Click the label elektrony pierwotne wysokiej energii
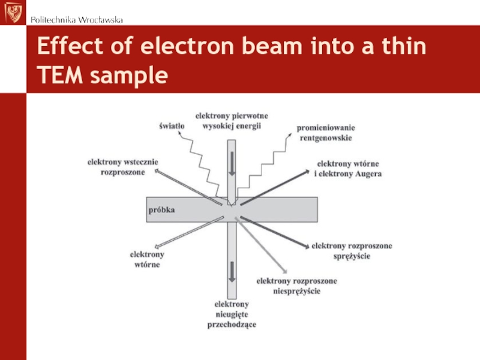[x=232, y=120]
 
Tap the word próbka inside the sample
[x=161, y=211]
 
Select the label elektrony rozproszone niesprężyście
[x=297, y=286]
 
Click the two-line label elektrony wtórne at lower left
[x=147, y=260]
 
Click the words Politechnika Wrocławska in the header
[x=77, y=20]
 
